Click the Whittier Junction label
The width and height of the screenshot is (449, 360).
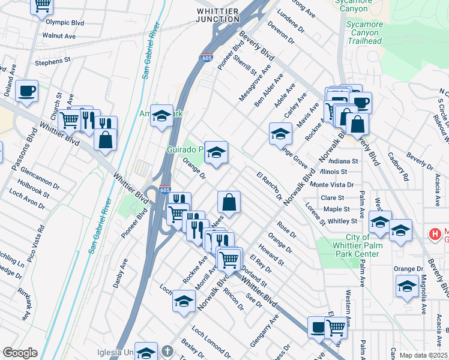coord(217,15)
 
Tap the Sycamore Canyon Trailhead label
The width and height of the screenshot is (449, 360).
coord(364,33)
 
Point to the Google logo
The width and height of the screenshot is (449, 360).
coord(20,353)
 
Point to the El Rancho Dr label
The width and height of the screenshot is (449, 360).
coord(270,186)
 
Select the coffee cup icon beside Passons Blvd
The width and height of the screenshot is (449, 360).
coord(26,91)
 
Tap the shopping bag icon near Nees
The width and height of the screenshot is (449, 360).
coord(229,202)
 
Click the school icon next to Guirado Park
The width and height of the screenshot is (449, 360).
coord(216,152)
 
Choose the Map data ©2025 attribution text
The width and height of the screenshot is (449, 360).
coord(424,355)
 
